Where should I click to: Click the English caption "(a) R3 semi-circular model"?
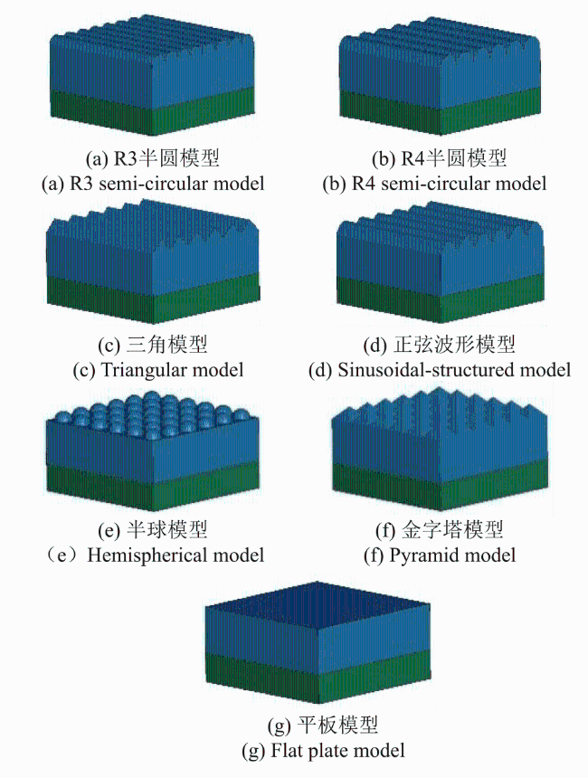[x=153, y=184]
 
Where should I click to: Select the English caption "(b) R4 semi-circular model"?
[x=434, y=184]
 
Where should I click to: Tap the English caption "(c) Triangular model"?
[x=157, y=370]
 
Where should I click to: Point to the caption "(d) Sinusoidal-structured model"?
[x=439, y=370]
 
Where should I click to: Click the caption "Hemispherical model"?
[x=175, y=555]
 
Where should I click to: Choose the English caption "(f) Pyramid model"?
[x=440, y=555]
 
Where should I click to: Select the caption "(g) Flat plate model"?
[x=323, y=750]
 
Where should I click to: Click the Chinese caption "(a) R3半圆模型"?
[x=153, y=158]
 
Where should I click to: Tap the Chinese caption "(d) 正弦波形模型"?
[x=439, y=345]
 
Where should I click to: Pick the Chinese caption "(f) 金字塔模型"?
[x=440, y=530]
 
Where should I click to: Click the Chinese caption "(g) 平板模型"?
[x=323, y=725]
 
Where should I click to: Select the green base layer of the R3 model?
[x=153, y=112]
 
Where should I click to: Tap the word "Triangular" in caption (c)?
[x=145, y=370]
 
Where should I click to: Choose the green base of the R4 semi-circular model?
[x=441, y=112]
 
